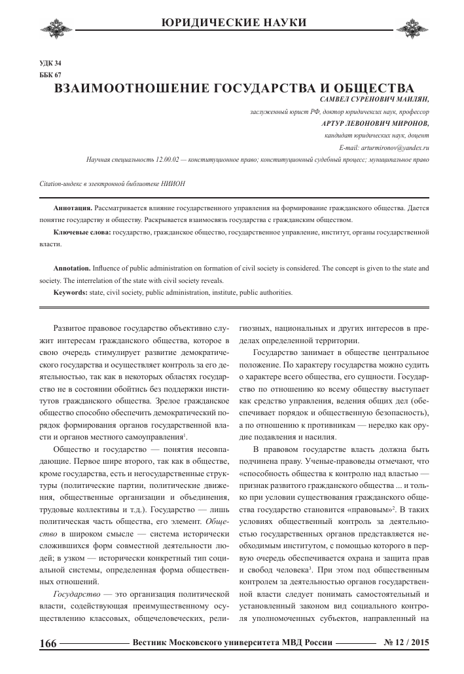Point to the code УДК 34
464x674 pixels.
[x=51, y=64]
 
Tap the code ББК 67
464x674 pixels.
[x=51, y=75]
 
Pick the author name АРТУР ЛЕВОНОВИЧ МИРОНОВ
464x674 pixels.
[x=376, y=123]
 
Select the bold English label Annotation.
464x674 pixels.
[x=72, y=269]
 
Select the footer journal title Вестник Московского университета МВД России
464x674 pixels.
[x=233, y=643]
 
